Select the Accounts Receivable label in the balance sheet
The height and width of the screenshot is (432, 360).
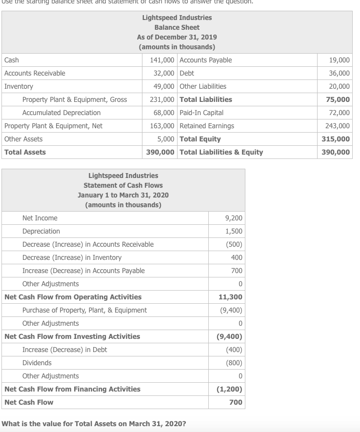[35, 73]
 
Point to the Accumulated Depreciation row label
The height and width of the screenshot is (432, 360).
[61, 113]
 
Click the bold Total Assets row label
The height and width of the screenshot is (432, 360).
[25, 152]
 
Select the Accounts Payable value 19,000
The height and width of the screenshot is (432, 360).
[340, 60]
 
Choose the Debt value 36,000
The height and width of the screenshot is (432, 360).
[340, 73]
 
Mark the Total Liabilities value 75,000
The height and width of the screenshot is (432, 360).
[339, 99]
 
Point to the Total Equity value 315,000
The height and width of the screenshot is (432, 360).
[336, 139]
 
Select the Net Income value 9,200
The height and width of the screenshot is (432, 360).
[234, 218]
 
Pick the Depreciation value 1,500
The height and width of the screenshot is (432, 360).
[234, 231]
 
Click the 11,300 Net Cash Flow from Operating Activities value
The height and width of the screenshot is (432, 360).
[231, 297]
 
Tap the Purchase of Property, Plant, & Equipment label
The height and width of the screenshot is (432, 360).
[84, 310]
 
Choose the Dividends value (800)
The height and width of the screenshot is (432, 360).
[234, 363]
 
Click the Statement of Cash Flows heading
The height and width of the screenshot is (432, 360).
[123, 185]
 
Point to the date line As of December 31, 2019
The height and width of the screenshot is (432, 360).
[177, 37]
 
